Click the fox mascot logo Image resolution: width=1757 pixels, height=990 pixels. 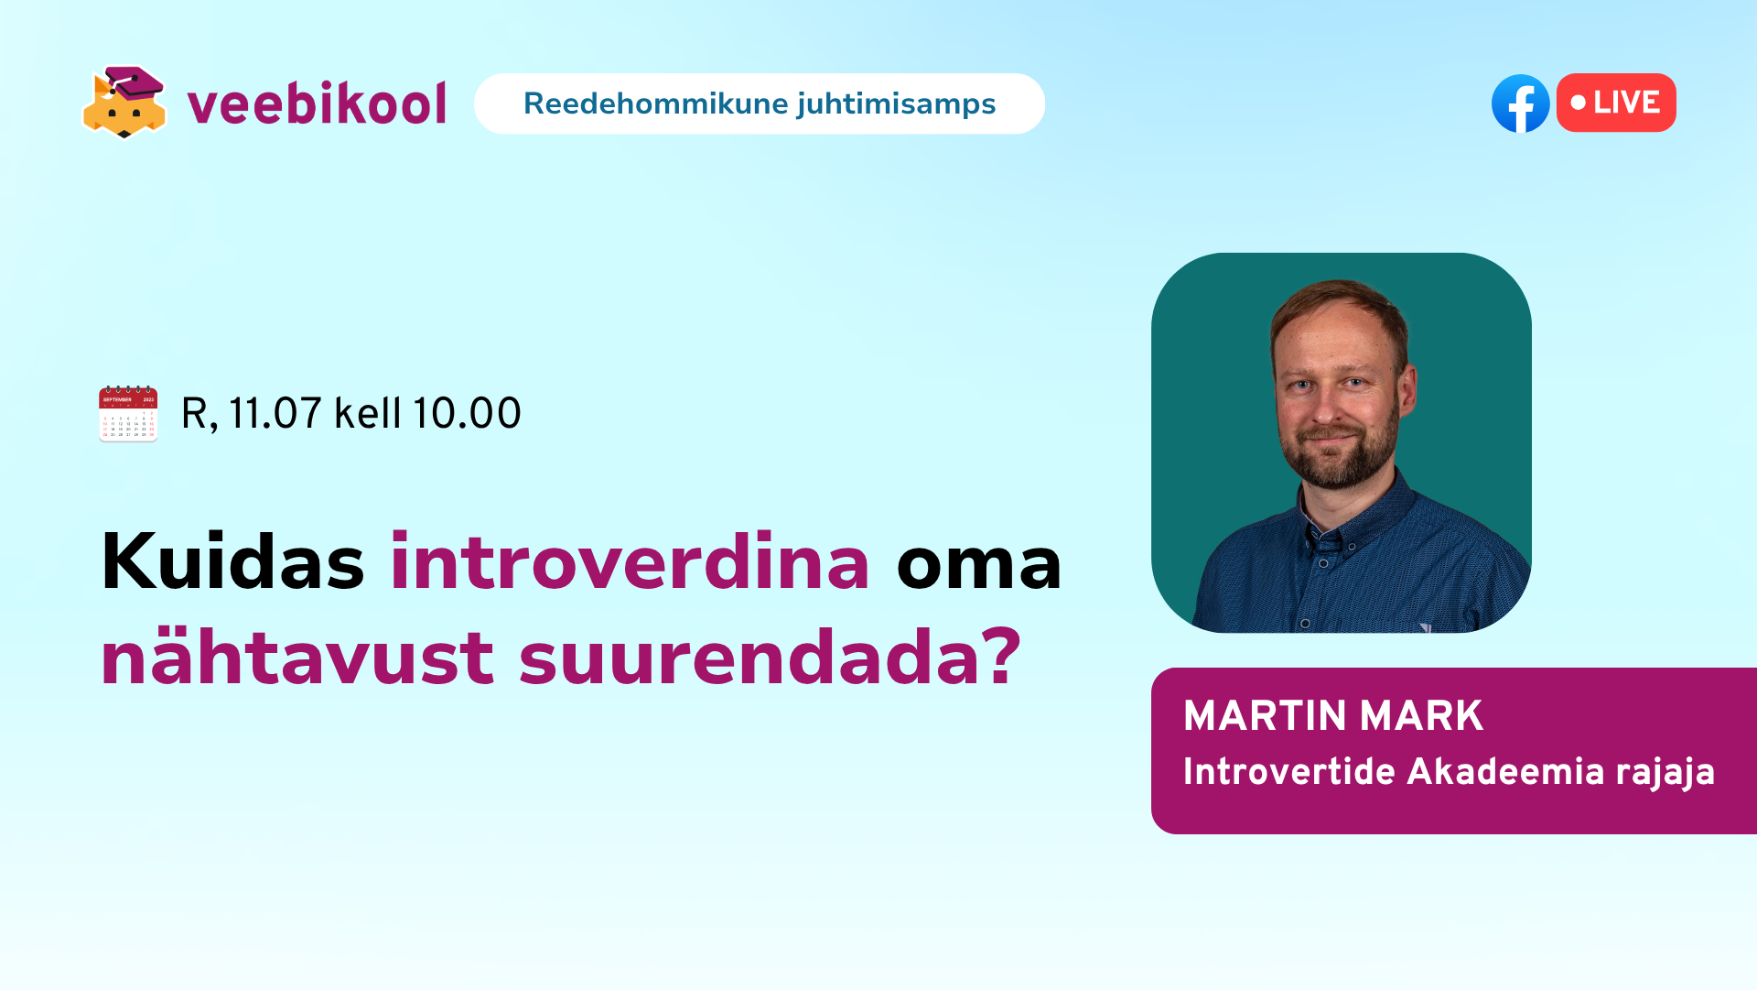pos(124,103)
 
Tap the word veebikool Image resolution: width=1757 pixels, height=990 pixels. pos(317,103)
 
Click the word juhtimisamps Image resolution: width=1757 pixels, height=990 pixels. pos(896,104)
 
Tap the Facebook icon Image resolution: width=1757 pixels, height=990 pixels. pos(1520,103)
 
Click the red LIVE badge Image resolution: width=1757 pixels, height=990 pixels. pos(1616,103)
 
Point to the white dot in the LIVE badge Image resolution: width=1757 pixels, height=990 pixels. pos(1579,103)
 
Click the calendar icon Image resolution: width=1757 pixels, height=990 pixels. pos(128,413)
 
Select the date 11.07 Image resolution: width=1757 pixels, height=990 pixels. pos(275,413)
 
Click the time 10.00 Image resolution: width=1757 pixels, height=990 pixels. pos(467,413)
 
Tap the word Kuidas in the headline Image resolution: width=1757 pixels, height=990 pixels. pos(232,561)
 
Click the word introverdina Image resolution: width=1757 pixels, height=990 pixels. pos(630,561)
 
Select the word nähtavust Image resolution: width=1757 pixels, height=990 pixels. pos(297,657)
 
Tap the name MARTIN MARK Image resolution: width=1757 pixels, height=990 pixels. pos(1332,715)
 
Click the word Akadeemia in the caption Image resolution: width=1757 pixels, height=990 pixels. pos(1505,771)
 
